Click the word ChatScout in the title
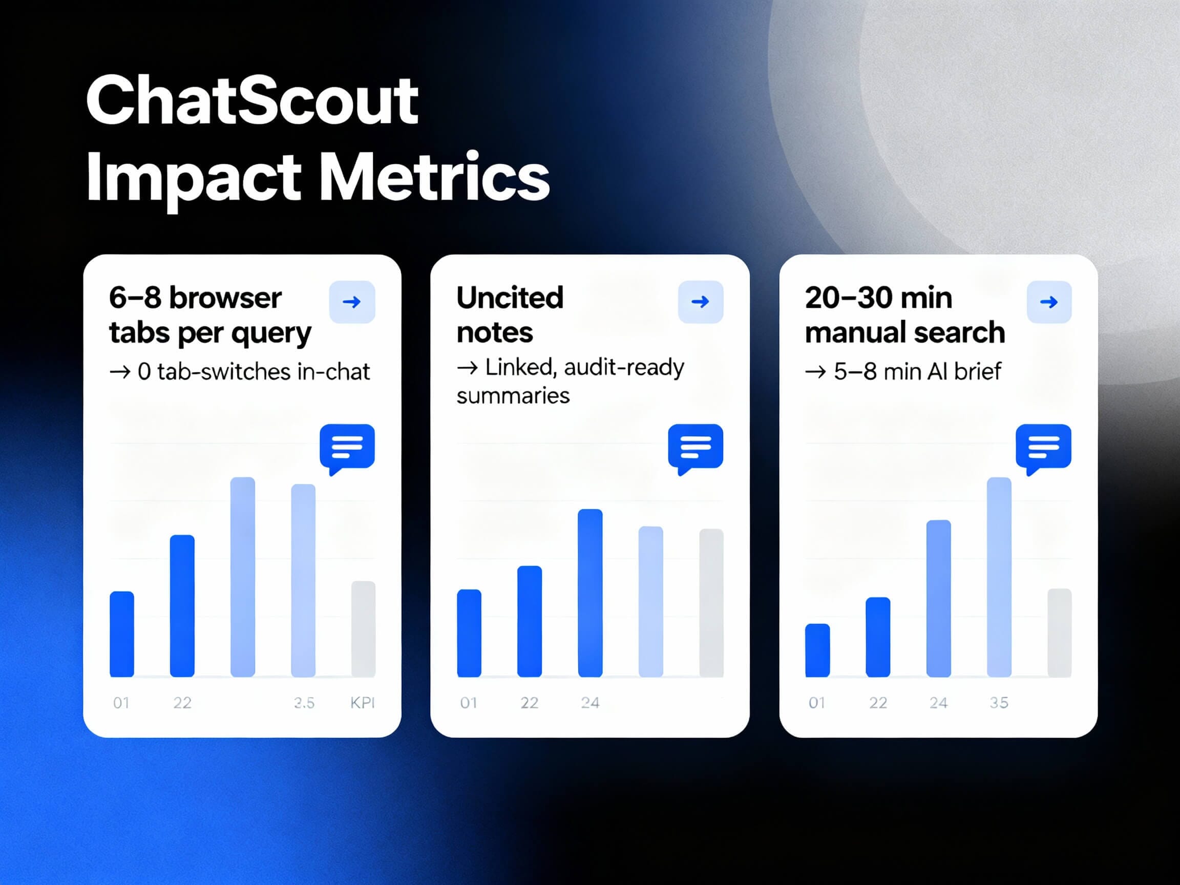point(252,100)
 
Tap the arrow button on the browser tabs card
point(351,302)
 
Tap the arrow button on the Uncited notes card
point(700,302)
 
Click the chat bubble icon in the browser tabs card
point(347,447)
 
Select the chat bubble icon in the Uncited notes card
point(695,447)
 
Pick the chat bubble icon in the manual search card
point(1043,447)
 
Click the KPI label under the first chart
point(362,703)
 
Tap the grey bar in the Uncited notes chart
point(711,603)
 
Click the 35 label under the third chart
point(999,703)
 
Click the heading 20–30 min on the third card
point(878,298)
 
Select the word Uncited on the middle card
point(510,298)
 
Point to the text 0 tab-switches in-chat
point(253,372)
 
